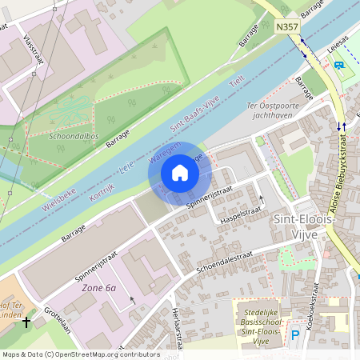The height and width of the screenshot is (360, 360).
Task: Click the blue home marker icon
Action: tap(180, 172)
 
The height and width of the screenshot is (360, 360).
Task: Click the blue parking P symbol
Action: tap(294, 336)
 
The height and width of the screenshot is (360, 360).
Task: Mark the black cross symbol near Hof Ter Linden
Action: tap(26, 322)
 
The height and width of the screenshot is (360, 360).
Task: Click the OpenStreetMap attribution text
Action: tap(81, 354)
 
